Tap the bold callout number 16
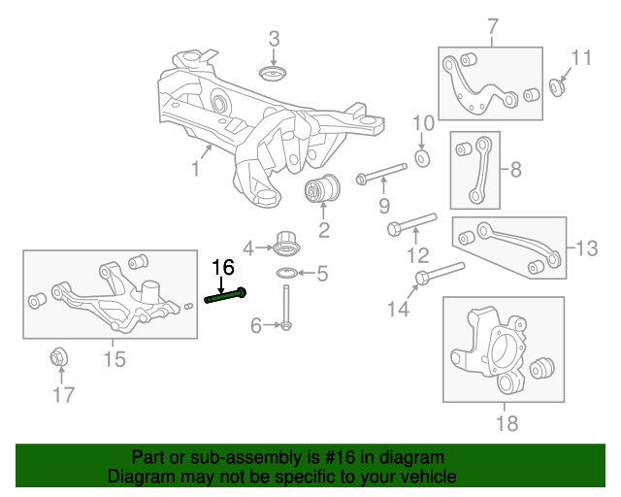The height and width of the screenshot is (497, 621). (222, 267)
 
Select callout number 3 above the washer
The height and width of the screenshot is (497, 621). (274, 40)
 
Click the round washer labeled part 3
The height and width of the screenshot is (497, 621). (274, 76)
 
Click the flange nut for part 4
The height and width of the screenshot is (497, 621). (285, 241)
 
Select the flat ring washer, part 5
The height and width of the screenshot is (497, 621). (286, 272)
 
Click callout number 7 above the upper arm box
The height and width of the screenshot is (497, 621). (491, 25)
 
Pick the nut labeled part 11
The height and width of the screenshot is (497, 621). (560, 88)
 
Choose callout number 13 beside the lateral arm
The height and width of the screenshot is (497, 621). (588, 248)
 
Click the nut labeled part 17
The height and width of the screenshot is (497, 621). (57, 357)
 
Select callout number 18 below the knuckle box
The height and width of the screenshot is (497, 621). (507, 423)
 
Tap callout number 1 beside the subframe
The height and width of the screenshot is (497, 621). (195, 170)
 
